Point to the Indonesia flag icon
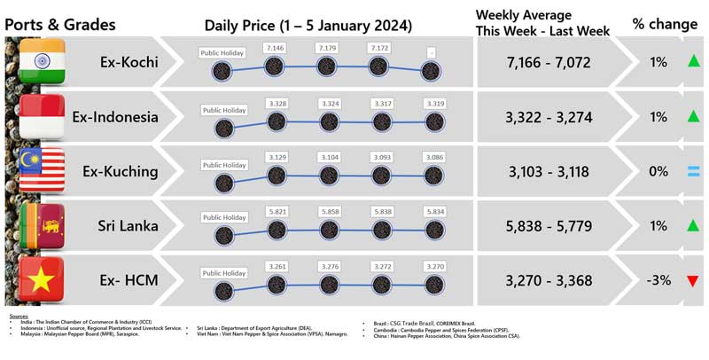pyautogui.click(x=41, y=116)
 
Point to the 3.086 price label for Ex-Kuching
pyautogui.click(x=432, y=157)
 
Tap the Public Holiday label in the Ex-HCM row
pyautogui.click(x=223, y=272)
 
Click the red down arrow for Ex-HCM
pyautogui.click(x=692, y=281)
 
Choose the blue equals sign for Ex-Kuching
pyautogui.click(x=692, y=171)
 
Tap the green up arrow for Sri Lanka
pyautogui.click(x=692, y=226)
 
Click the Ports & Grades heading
pyautogui.click(x=60, y=24)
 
